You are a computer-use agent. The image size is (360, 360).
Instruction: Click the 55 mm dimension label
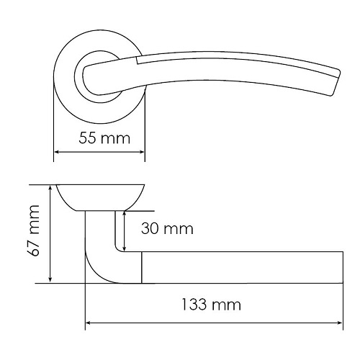(x=104, y=138)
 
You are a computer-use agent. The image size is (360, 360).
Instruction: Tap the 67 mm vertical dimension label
(x=33, y=230)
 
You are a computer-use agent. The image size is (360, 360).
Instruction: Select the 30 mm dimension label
(x=167, y=228)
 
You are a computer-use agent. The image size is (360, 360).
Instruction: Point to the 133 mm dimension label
(x=211, y=305)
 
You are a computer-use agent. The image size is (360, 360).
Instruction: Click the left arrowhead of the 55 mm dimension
(x=57, y=152)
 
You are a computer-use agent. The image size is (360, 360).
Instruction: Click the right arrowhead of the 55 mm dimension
(x=142, y=152)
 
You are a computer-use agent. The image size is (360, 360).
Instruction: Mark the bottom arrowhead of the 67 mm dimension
(x=50, y=280)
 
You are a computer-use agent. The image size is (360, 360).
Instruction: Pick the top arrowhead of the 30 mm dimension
(x=124, y=213)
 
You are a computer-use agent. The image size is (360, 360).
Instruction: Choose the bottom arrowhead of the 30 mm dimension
(x=124, y=249)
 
